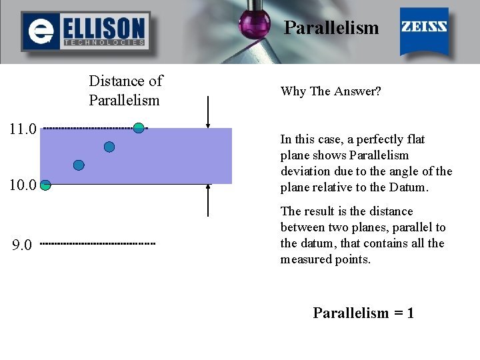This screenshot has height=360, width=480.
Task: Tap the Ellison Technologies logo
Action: coord(85,31)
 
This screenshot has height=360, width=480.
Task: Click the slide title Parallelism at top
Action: coord(331,28)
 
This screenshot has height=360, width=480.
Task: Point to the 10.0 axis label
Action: coord(23,185)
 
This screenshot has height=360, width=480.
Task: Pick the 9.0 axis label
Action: coord(22,245)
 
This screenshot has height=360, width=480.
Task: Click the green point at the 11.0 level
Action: coord(139,127)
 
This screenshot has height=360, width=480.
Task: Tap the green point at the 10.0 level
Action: coord(45,185)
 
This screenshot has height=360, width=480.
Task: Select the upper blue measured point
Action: coord(109,147)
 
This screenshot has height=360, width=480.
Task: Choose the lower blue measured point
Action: coord(79,165)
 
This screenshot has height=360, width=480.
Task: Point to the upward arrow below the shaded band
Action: coord(209,199)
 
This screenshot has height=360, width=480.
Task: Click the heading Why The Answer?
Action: coord(331,91)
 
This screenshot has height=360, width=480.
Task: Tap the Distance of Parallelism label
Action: coord(125,91)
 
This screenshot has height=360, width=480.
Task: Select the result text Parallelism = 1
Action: coord(363,313)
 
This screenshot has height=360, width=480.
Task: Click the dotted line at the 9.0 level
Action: coord(97,244)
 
